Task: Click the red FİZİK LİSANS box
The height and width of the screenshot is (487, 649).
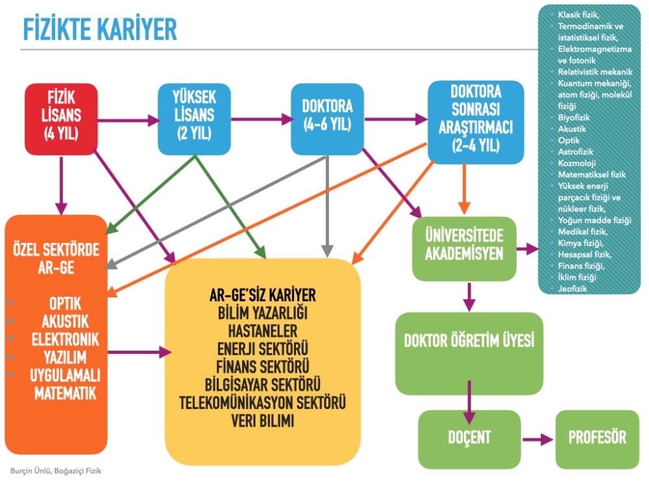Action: (61, 119)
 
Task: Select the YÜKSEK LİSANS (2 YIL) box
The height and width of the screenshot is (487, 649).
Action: (195, 118)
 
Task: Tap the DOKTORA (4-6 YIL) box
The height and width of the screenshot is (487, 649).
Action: (327, 119)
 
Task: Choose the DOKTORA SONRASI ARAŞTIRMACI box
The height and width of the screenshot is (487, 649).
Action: (476, 121)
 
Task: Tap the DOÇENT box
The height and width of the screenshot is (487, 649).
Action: (469, 438)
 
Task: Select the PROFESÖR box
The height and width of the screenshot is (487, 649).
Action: (597, 438)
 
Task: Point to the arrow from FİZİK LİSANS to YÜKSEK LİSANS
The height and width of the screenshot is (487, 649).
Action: (128, 119)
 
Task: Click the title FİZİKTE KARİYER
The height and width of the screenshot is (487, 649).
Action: (100, 30)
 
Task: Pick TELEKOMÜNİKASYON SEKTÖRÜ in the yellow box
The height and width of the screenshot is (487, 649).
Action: (262, 402)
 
